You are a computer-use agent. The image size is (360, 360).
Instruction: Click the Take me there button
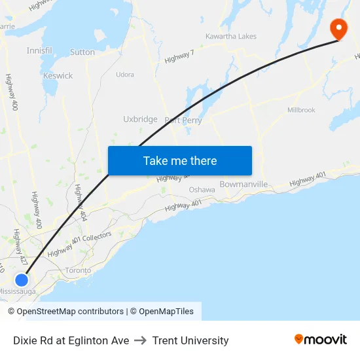pos(180,161)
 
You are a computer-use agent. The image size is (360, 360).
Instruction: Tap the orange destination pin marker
pos(338,28)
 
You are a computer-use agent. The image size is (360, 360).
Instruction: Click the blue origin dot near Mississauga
pos(22,279)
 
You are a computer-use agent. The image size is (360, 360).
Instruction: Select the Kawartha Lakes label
pos(231,36)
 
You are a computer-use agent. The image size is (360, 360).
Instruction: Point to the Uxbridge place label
pos(140,119)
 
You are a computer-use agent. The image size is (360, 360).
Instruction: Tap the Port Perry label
pos(183,120)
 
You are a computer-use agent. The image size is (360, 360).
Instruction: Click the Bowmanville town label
pos(243,184)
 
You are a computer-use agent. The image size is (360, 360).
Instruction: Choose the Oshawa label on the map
pos(202,190)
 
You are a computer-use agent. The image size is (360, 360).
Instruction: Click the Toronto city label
pos(79,270)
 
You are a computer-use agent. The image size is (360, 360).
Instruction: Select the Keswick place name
pos(58,76)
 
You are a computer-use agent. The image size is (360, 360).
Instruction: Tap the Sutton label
pos(82,52)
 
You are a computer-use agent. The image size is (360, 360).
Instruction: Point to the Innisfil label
pos(39,50)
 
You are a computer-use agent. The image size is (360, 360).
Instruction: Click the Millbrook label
pos(301,110)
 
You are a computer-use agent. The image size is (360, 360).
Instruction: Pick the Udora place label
pos(125,75)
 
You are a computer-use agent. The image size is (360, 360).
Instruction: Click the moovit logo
pos(321,340)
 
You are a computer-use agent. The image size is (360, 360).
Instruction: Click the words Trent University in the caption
pos(190,340)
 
